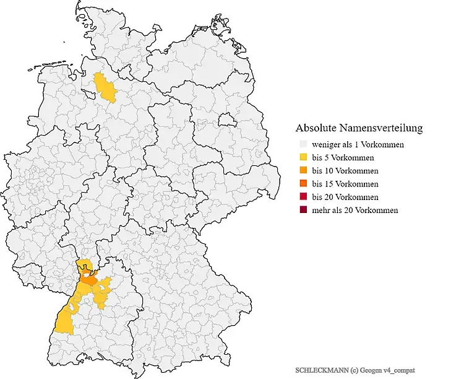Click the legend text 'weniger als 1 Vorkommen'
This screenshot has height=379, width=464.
[x=358, y=144]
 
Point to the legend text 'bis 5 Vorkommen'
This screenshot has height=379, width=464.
[x=343, y=157]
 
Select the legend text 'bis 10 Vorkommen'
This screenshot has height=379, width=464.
[x=345, y=170]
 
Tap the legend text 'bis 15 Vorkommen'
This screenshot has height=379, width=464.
[x=345, y=184]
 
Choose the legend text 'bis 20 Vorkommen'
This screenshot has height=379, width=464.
[x=345, y=197]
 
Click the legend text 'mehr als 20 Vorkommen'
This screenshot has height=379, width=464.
[x=355, y=210]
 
